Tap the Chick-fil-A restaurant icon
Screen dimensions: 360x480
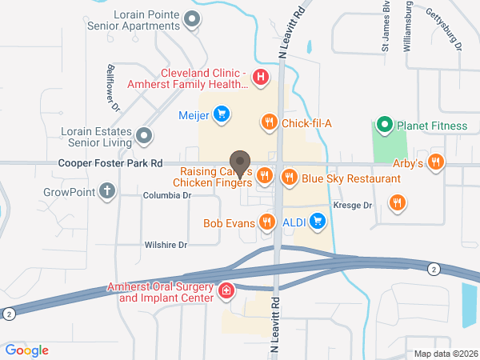(270, 122)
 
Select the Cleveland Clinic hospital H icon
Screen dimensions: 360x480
(260, 78)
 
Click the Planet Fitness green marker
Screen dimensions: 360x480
(385, 125)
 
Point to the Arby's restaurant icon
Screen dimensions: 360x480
(436, 162)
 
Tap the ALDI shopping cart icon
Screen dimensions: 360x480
(318, 220)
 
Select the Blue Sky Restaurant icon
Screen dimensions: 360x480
(289, 178)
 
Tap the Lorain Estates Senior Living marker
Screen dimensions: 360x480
(144, 135)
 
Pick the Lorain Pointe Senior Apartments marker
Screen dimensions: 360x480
(191, 18)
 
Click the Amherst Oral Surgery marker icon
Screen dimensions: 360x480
(227, 290)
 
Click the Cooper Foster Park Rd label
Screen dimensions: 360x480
(110, 163)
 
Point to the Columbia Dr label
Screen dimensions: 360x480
(167, 195)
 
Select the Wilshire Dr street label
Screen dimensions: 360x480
(166, 245)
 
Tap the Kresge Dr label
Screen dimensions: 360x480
(354, 206)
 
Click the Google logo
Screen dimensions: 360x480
(27, 350)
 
